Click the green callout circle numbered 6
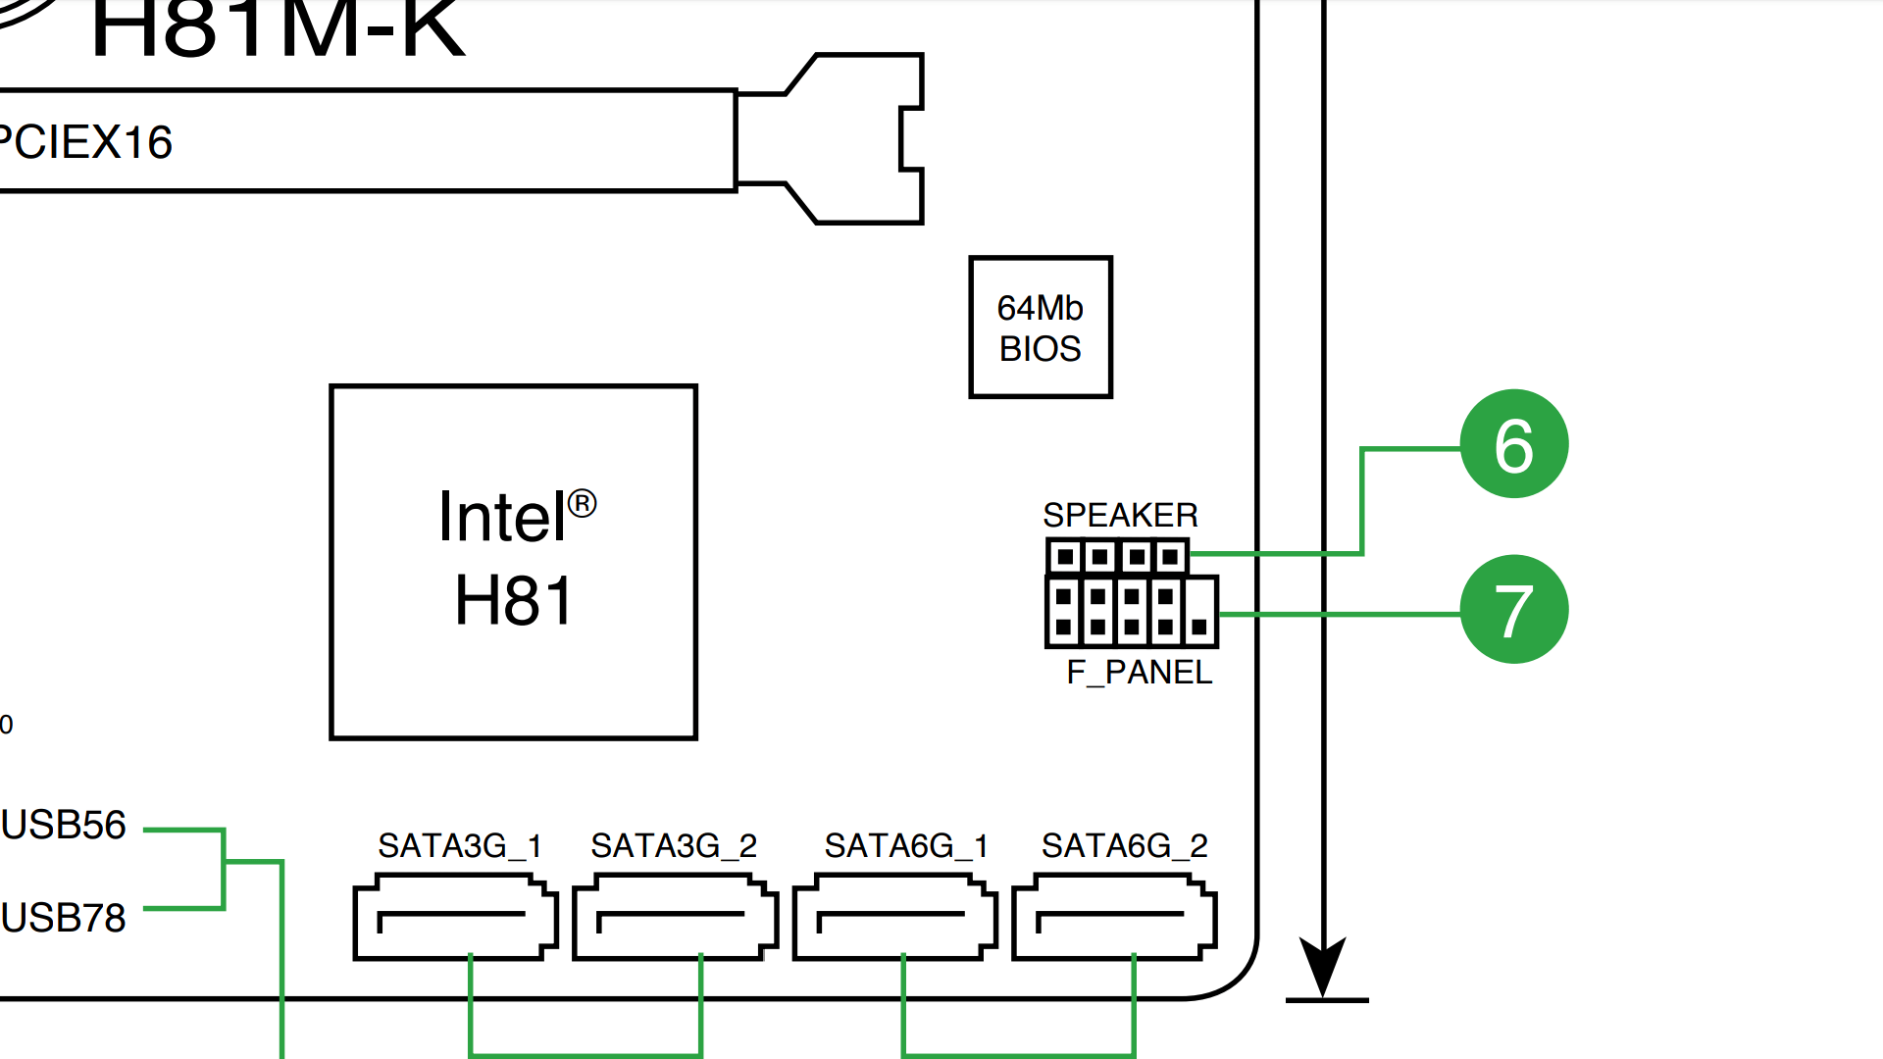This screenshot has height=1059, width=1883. [1513, 444]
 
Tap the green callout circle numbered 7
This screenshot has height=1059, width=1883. [1513, 610]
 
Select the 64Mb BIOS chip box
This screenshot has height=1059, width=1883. [1040, 328]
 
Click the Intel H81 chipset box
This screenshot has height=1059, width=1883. [513, 561]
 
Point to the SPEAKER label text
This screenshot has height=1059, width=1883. [1120, 515]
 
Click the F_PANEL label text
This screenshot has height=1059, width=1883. [1139, 673]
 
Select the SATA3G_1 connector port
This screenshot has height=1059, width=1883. [455, 918]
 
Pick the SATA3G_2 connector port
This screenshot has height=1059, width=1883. [675, 918]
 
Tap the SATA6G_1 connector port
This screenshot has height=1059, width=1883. [894, 918]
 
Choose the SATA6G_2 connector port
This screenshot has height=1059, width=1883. [1114, 918]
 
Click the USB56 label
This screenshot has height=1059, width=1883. [64, 826]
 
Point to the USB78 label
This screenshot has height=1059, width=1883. [64, 918]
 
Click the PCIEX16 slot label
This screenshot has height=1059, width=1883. [86, 142]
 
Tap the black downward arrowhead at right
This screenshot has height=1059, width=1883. [1322, 965]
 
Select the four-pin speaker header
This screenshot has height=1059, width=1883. [1117, 557]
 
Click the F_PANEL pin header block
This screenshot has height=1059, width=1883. [1132, 612]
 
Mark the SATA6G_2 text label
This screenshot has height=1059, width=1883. [1124, 845]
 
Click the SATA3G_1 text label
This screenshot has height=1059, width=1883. [459, 845]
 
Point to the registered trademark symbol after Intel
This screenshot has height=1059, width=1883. [582, 503]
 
